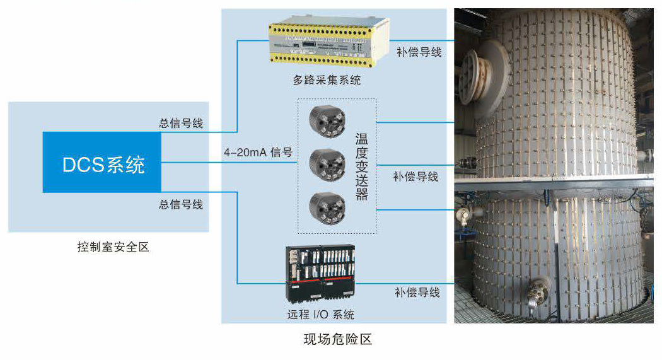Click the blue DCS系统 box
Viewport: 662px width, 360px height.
(x=102, y=162)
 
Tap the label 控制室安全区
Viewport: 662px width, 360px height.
(x=113, y=247)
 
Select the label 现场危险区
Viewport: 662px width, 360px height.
(x=338, y=340)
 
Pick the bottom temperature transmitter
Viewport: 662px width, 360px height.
(x=327, y=205)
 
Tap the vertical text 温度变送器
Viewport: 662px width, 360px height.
(x=361, y=166)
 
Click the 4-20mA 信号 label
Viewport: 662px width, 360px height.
(x=258, y=152)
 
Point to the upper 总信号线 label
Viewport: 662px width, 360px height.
(x=181, y=122)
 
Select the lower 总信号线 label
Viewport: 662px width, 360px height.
(x=181, y=204)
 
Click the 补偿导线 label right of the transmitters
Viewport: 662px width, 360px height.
(x=415, y=177)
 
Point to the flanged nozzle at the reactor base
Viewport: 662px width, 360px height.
(x=537, y=292)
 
